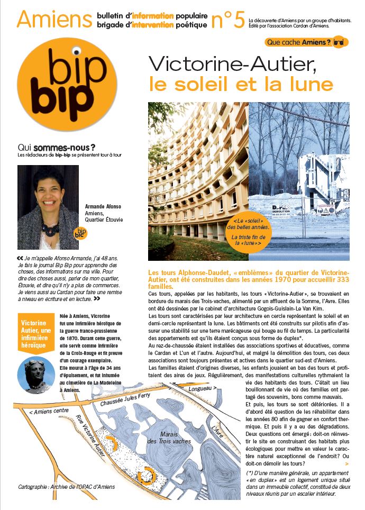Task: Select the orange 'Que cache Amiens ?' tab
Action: coord(306,42)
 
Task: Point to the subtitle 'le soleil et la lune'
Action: coord(241,84)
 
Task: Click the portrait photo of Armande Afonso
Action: coord(48,207)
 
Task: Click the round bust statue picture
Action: coord(36,375)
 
